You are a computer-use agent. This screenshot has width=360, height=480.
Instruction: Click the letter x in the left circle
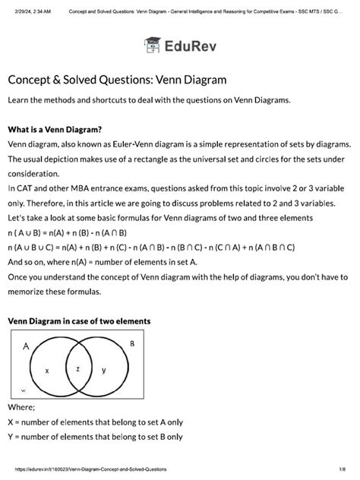point(46,371)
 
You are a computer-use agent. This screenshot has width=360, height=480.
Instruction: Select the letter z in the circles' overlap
point(77,368)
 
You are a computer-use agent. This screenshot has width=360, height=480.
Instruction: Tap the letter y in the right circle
point(103,370)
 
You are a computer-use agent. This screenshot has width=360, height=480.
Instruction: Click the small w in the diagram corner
point(23,390)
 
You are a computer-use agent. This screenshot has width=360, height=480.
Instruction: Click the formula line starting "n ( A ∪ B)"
point(67,232)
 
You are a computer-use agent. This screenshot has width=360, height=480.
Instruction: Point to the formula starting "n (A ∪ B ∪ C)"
point(152,247)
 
